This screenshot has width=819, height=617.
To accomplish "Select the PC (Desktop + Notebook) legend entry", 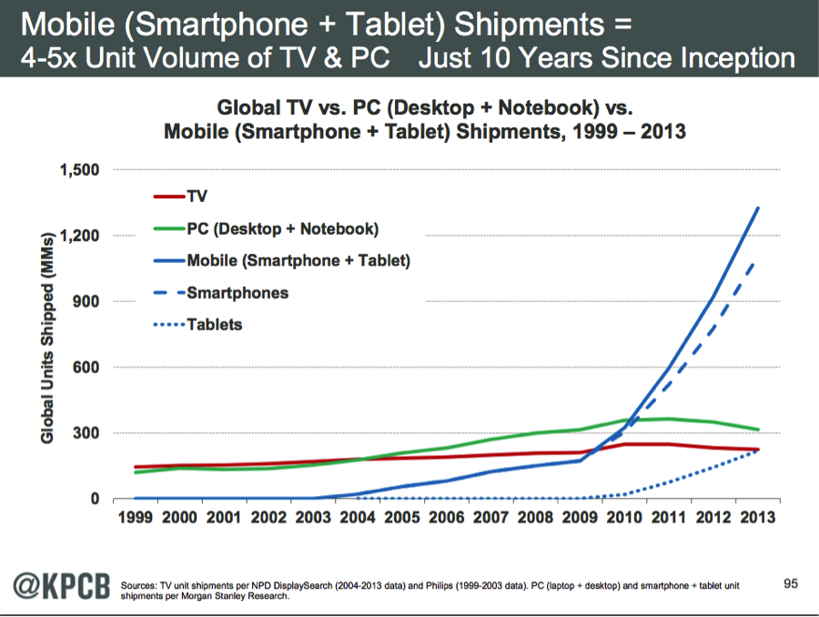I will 282,228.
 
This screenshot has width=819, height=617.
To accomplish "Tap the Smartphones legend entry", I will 238,293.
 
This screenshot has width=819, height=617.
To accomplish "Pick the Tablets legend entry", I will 215,324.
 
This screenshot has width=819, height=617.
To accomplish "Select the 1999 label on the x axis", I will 136,517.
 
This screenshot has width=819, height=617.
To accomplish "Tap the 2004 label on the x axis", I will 358,517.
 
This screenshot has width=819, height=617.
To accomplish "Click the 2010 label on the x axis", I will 624,517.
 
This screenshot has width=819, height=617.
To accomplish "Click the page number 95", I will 791,579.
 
